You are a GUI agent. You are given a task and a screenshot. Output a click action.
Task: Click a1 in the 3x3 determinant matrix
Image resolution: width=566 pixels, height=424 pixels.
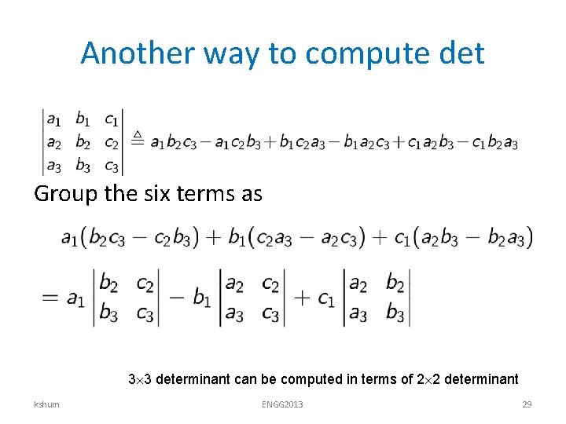tap(53, 120)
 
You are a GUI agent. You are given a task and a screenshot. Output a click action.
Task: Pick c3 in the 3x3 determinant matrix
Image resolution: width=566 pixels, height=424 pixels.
tap(112, 166)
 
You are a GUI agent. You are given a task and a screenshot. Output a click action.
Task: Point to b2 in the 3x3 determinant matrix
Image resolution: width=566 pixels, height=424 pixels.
tap(83, 143)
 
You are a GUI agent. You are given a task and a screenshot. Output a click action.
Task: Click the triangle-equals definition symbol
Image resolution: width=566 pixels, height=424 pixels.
tap(136, 140)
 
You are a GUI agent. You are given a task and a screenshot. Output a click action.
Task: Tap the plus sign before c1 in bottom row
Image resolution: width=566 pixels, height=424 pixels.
tap(303, 298)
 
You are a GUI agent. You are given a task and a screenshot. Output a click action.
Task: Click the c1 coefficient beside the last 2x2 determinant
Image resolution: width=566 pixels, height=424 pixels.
tap(326, 298)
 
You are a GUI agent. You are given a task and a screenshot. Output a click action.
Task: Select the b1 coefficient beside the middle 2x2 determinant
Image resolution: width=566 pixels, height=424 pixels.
tap(201, 298)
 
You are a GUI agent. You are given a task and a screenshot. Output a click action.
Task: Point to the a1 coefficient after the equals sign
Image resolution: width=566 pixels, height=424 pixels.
tap(75, 298)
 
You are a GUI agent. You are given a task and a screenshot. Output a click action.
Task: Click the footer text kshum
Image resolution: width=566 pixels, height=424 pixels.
tap(46, 404)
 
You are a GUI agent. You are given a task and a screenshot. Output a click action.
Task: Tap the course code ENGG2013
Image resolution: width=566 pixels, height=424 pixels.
tap(282, 404)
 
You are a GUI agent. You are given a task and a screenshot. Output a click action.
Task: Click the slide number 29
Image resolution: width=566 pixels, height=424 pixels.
tap(527, 404)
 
